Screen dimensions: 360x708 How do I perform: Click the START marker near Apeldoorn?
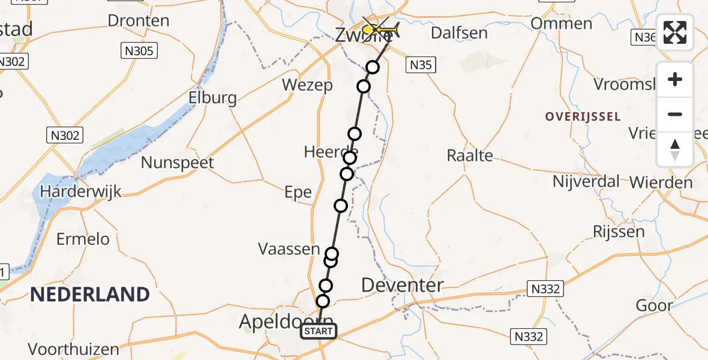(319, 331)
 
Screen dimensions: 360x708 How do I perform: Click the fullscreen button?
(675, 32)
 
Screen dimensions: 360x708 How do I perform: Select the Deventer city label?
(403, 286)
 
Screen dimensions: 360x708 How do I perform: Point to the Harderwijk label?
(80, 192)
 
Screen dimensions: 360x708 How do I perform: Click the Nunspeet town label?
(177, 162)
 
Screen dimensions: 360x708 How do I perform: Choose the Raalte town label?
(470, 156)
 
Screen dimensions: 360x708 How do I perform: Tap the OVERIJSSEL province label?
(583, 116)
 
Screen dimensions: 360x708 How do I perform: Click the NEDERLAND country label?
(89, 295)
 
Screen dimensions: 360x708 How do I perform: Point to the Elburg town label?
(212, 98)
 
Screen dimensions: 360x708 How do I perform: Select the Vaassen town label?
(289, 248)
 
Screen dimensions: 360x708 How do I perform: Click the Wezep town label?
(307, 85)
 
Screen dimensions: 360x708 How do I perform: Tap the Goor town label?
(655, 305)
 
